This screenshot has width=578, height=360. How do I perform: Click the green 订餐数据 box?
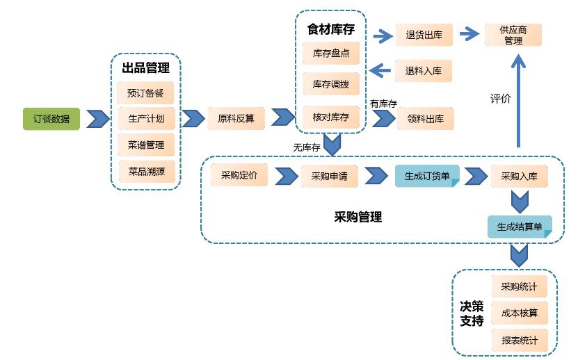click(x=51, y=119)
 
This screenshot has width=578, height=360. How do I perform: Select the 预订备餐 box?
click(x=145, y=93)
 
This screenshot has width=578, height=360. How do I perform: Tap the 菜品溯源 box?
click(x=147, y=172)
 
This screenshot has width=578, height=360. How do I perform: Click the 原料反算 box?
click(x=236, y=118)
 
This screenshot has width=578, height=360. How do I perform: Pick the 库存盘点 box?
click(x=331, y=54)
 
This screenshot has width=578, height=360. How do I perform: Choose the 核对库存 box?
click(x=331, y=117)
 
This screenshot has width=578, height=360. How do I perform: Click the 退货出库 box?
click(x=424, y=35)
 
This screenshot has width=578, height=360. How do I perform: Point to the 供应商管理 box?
click(x=513, y=35)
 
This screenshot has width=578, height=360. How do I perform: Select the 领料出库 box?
click(x=426, y=119)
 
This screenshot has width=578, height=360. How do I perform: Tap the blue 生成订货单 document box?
click(x=427, y=176)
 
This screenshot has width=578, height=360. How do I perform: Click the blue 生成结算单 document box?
click(x=520, y=227)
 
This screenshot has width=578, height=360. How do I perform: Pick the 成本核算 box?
click(x=520, y=313)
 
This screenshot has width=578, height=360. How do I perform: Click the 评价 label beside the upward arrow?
click(x=501, y=99)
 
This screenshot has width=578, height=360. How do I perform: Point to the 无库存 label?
click(x=306, y=147)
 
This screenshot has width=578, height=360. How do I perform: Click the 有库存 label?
click(x=383, y=104)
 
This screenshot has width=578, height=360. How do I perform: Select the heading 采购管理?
click(x=358, y=217)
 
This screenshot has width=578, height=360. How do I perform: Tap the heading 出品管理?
click(x=146, y=68)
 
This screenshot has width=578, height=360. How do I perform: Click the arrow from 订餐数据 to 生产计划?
click(x=98, y=119)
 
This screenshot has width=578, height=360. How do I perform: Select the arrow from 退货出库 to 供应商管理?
click(x=469, y=34)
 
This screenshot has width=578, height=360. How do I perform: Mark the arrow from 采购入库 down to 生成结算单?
click(x=520, y=202)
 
